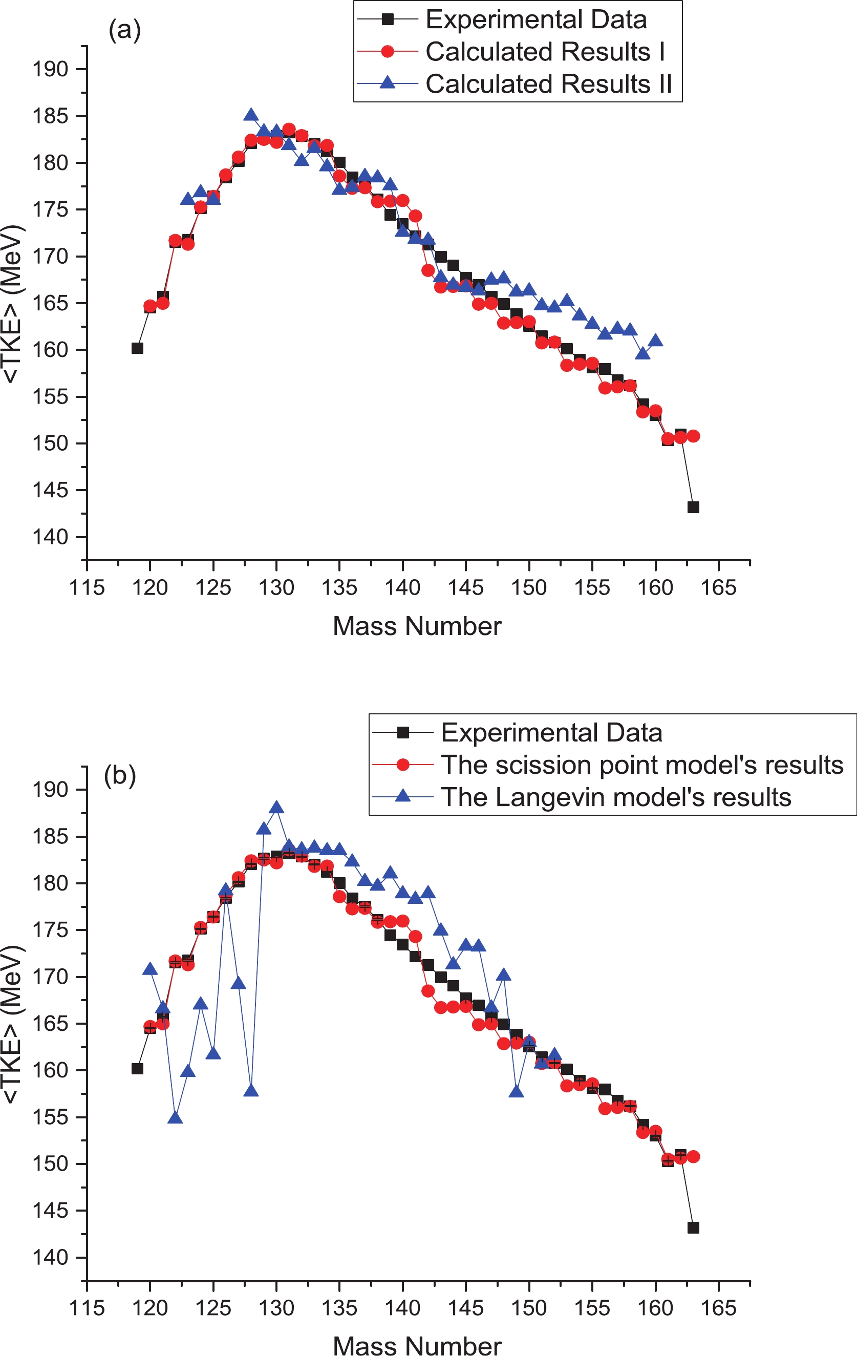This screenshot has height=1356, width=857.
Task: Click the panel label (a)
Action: pos(124,30)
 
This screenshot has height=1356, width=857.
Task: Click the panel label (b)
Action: pos(120,775)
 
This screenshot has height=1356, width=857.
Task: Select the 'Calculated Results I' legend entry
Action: pos(545,52)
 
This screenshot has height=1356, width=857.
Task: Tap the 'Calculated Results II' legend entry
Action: pos(548,84)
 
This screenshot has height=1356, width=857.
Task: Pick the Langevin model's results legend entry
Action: pos(615,797)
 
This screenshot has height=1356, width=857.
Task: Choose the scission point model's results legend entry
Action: pos(642,765)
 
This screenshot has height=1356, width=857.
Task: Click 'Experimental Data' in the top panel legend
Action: pos(535,19)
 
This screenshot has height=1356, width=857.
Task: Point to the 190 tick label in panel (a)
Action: pos(50,70)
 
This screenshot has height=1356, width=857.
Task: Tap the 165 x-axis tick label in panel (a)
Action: pos(718,588)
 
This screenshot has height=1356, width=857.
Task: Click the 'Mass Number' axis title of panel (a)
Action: pos(417,626)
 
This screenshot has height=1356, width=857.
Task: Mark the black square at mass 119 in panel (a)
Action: pos(137,348)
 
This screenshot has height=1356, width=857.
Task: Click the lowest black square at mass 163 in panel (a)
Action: pos(693,507)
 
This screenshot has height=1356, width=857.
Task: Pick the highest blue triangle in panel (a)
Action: pos(251,115)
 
